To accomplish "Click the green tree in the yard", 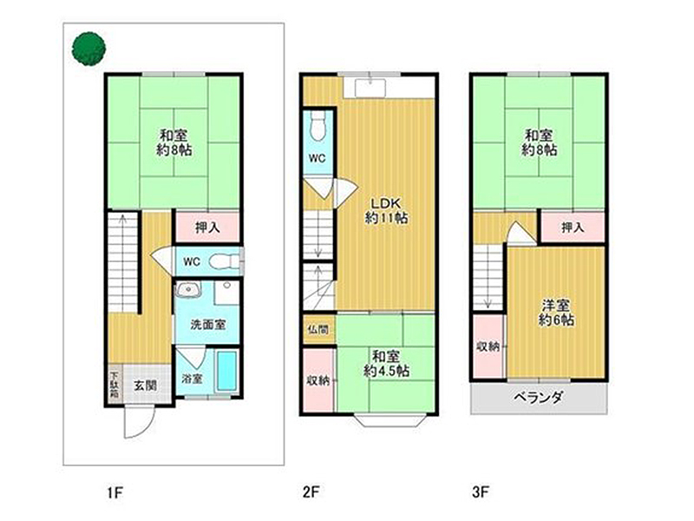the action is click(x=88, y=49).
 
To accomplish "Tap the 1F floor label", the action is click(x=115, y=492).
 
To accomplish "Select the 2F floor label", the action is click(x=311, y=492).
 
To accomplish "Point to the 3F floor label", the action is click(x=481, y=492).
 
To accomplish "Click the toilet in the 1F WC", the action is click(x=224, y=261).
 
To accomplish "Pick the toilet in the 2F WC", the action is click(x=318, y=125).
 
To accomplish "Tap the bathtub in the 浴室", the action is click(x=227, y=371).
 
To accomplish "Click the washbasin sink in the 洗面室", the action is click(x=189, y=290).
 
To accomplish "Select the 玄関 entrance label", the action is click(x=146, y=386).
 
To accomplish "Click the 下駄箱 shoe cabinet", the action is click(x=115, y=384).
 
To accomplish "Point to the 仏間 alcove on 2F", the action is click(x=318, y=330).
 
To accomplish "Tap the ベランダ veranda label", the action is click(x=538, y=398).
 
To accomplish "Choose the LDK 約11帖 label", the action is click(x=386, y=211).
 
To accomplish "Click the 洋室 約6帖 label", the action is click(x=556, y=313).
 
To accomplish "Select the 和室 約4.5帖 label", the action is click(x=386, y=364).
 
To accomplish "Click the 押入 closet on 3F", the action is click(x=573, y=228).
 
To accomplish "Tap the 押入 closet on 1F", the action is click(x=208, y=228).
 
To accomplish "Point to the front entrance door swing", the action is click(x=139, y=421).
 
